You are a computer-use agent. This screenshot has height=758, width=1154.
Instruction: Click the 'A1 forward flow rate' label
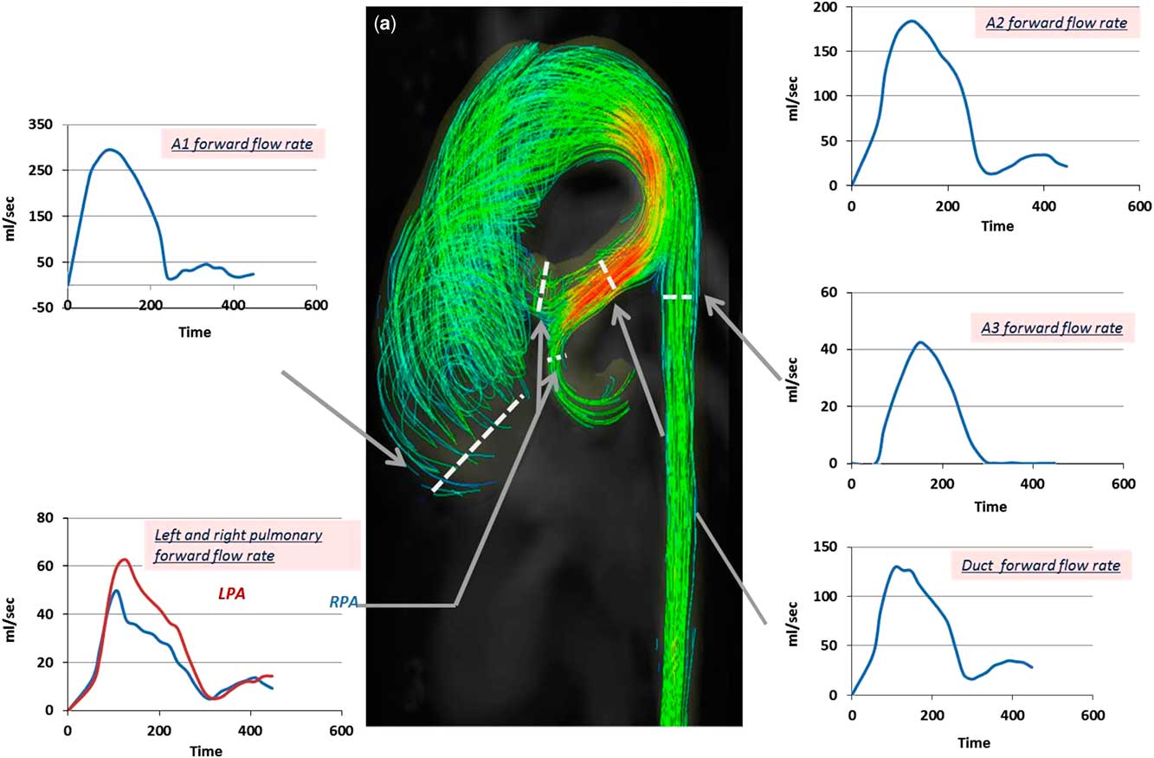(242, 143)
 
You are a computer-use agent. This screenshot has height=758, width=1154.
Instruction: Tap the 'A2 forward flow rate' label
(1056, 23)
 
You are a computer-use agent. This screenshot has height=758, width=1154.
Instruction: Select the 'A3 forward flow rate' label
(1052, 328)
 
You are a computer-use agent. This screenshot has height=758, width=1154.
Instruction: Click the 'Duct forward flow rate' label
(1041, 565)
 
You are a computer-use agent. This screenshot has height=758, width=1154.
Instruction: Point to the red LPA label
(232, 594)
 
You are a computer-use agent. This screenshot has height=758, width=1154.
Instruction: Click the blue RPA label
(344, 601)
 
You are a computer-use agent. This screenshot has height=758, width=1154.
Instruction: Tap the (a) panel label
(385, 23)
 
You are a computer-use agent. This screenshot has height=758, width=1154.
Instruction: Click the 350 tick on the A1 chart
(40, 124)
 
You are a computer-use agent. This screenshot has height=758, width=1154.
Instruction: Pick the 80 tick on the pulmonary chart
(45, 518)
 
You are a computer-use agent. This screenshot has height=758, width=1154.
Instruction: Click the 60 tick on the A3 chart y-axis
(828, 293)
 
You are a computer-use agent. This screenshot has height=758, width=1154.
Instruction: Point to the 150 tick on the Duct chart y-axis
(825, 547)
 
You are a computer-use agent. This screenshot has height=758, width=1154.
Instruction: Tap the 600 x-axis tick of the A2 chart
(1139, 206)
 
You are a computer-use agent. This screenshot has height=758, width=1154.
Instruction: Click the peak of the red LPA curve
(124, 560)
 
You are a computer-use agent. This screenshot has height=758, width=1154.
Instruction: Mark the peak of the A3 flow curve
(920, 342)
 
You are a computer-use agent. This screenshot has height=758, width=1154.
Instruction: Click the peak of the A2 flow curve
(912, 21)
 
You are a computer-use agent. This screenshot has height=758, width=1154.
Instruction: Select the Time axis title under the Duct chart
(974, 743)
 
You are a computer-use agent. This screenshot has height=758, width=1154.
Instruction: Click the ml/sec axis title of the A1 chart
(10, 218)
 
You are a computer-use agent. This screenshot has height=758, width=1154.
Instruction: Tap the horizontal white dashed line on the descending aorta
(677, 297)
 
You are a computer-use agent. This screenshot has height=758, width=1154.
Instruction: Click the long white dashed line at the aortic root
(478, 444)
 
